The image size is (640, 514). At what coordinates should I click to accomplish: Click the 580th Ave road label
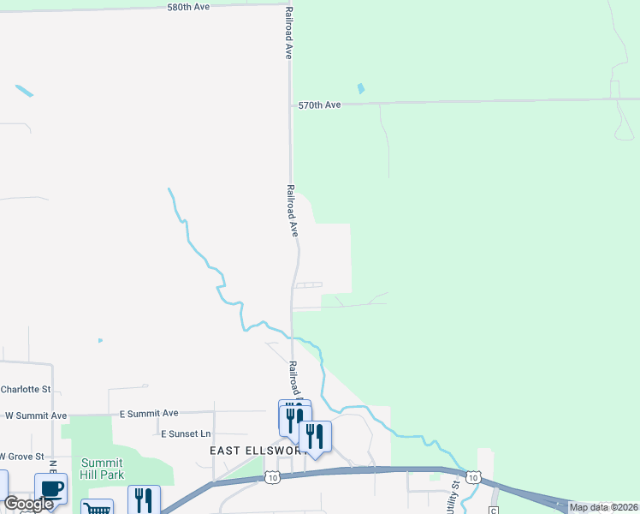[x=188, y=7]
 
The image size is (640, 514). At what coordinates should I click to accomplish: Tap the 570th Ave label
[x=319, y=105]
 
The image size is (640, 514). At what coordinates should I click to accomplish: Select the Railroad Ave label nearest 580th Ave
[x=289, y=33]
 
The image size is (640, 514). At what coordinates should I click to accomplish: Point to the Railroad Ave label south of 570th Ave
[x=292, y=210]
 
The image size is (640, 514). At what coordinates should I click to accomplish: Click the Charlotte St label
[x=26, y=389]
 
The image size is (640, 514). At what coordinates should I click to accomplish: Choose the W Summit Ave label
[x=36, y=415]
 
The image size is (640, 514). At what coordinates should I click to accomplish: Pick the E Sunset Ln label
[x=185, y=434]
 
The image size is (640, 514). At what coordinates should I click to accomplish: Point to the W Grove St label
[x=21, y=456]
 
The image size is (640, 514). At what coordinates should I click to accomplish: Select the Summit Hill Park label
[x=103, y=469]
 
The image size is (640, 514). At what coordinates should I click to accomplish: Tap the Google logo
[x=28, y=504]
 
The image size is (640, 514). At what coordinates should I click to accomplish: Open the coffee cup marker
[x=51, y=489]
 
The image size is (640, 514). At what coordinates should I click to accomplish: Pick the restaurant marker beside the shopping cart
[x=144, y=499]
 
